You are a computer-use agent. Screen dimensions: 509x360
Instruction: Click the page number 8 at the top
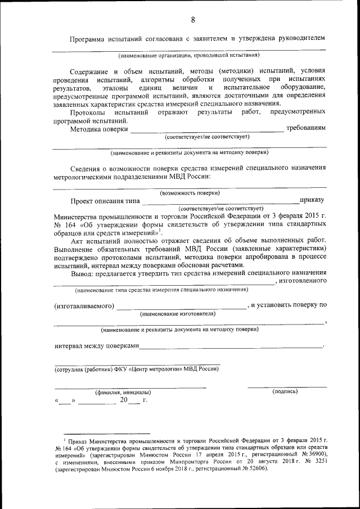(192, 20)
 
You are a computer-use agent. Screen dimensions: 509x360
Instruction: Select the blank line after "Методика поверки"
(206, 130)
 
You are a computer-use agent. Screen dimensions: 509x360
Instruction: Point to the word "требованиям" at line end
(306, 128)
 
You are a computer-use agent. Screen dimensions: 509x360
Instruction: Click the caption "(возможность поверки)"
(190, 192)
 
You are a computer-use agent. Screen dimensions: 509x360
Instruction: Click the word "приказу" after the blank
(312, 200)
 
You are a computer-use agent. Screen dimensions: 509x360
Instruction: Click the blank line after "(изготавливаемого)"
(181, 307)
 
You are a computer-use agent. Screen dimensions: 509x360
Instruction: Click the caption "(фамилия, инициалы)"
(123, 391)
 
